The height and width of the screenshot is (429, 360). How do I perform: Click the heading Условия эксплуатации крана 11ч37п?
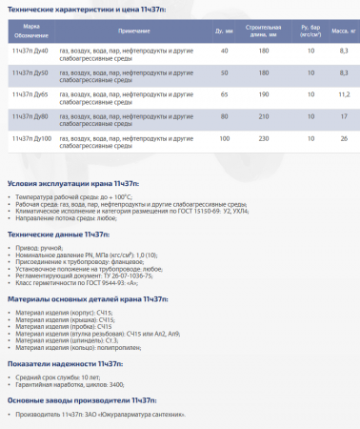[x=72, y=181]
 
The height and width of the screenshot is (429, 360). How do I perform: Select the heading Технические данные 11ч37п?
[x=56, y=235]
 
